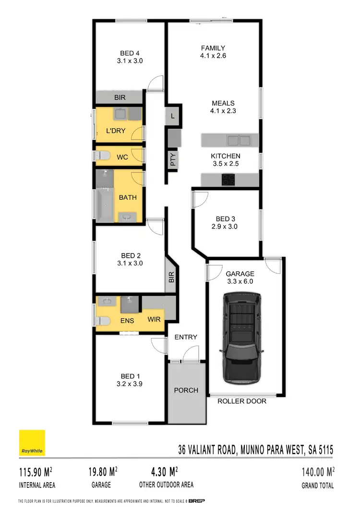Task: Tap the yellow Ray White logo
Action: click(32, 443)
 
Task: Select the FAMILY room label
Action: click(213, 48)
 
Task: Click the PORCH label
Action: click(186, 390)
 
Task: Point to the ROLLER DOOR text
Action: click(242, 401)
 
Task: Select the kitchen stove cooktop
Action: click(227, 180)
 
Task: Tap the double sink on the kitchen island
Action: click(239, 141)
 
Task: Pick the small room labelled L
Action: click(173, 116)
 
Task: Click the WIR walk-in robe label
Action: click(154, 319)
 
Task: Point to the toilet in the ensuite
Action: click(102, 321)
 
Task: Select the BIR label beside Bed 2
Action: click(171, 277)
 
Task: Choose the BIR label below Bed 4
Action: click(120, 97)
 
